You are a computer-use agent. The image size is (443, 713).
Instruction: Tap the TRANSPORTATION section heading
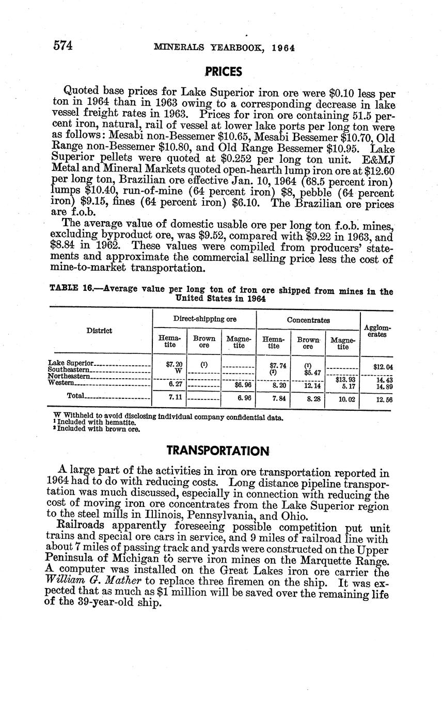[218, 451]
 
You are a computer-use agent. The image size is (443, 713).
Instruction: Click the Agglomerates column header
[377, 331]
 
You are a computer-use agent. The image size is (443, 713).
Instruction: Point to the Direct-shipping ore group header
[204, 319]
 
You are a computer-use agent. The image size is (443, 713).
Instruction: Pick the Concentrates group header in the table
[308, 320]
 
